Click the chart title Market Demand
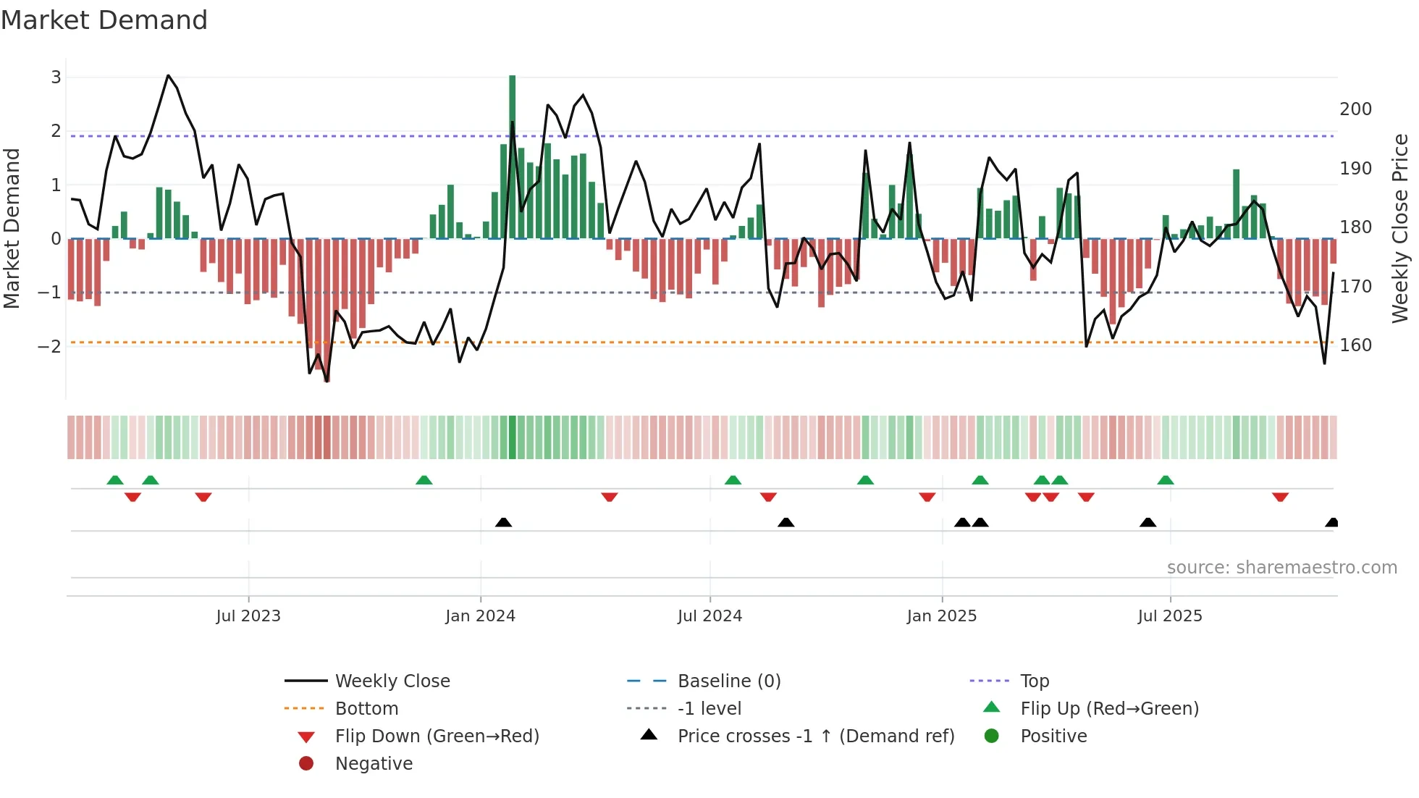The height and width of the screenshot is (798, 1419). [x=104, y=20]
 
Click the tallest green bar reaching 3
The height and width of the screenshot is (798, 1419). [x=513, y=156]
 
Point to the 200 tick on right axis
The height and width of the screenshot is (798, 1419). [x=1355, y=109]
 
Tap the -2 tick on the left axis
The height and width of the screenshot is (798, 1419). [x=50, y=346]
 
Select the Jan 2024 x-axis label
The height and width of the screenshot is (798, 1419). [x=480, y=616]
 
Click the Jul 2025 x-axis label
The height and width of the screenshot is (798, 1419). [x=1169, y=616]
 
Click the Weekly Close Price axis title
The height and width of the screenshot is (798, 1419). [x=1400, y=228]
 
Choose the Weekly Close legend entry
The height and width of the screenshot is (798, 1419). [x=392, y=681]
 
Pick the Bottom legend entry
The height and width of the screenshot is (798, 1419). [x=366, y=709]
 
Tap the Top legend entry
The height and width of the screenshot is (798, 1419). [x=1034, y=681]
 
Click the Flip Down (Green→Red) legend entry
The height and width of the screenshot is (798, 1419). [x=437, y=736]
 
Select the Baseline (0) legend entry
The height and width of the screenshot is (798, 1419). [x=728, y=681]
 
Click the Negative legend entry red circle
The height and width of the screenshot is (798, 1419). [x=306, y=764]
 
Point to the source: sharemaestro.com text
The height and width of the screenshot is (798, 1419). [x=1281, y=568]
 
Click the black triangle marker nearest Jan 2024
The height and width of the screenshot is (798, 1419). [x=504, y=522]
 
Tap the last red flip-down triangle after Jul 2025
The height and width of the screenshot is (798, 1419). [x=1280, y=497]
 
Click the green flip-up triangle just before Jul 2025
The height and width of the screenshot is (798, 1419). [x=1166, y=480]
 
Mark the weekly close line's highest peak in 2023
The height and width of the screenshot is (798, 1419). [x=168, y=75]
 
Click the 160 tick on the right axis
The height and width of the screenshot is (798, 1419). [x=1355, y=345]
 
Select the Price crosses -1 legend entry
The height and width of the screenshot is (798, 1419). [x=815, y=736]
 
